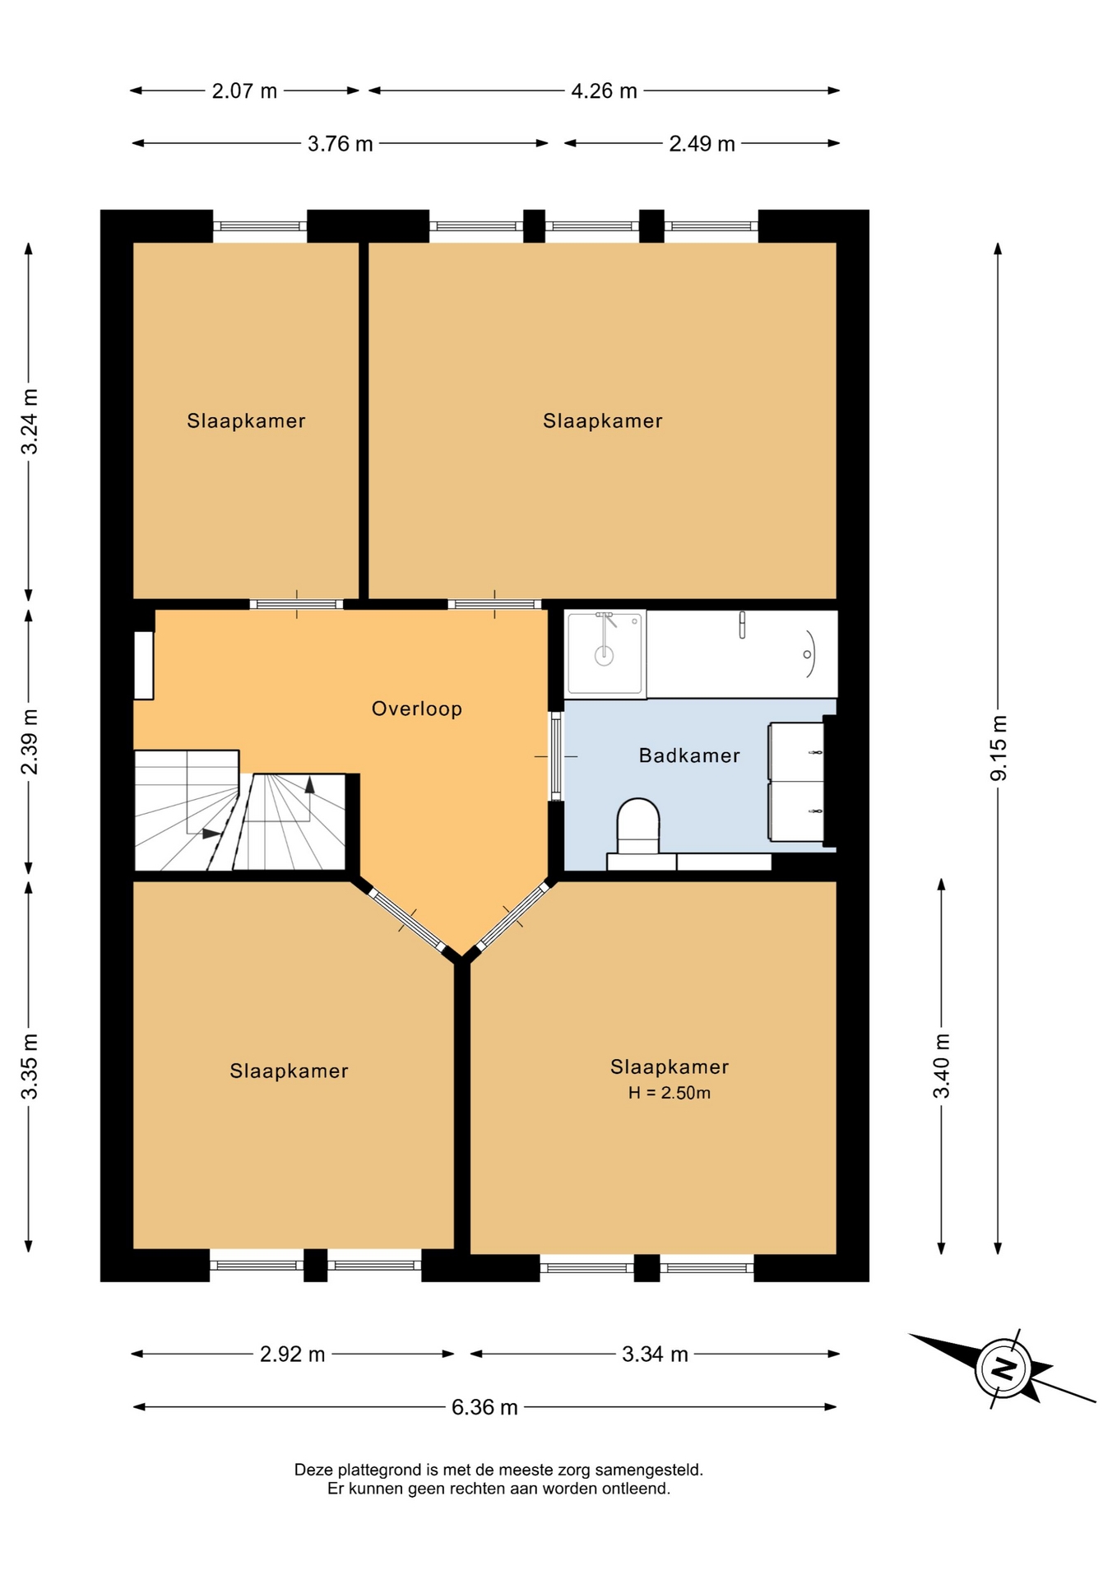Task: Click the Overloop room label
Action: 416,709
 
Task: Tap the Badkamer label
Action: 689,755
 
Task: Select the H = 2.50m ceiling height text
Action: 670,1093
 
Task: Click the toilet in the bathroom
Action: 638,825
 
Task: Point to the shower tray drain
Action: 605,655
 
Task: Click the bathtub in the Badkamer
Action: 742,653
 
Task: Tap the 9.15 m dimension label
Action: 998,748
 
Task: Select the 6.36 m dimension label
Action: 484,1407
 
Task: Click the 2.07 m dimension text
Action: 244,91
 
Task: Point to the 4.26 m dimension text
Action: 604,91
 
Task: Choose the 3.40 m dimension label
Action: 942,1066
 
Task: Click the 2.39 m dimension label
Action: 29,741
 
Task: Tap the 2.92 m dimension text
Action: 292,1354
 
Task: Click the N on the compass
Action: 1003,1369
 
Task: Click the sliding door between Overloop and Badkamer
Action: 556,756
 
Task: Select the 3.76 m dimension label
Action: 340,144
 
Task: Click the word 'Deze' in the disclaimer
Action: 313,1469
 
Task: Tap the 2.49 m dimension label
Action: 702,144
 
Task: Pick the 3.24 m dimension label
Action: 29,421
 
